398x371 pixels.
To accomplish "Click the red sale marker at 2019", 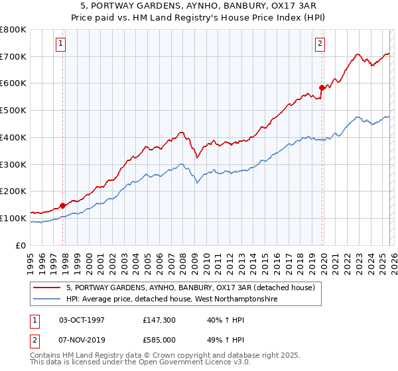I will coord(322,87).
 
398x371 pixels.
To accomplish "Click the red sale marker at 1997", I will coord(63,205).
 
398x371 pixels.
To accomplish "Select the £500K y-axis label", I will coord(13,111).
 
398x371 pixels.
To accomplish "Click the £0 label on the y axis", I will coord(21,245).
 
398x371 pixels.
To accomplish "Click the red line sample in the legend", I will coord(48,288).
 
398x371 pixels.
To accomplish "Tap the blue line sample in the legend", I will coord(48,299).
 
